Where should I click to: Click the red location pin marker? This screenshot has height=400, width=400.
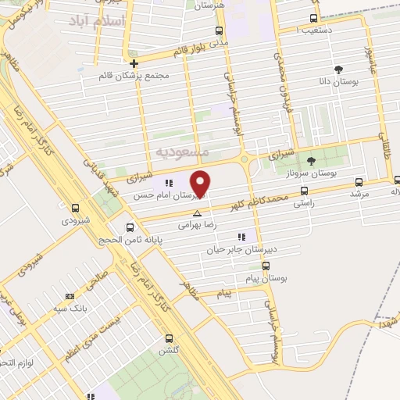tap(202, 184)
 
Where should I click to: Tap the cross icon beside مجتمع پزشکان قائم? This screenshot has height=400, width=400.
tap(134, 64)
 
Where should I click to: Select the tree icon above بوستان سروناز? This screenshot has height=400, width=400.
tap(311, 161)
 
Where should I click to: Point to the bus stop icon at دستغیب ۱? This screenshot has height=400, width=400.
tap(314, 19)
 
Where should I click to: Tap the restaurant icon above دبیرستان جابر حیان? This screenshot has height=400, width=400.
tap(241, 236)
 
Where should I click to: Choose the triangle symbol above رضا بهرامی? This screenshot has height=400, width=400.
tap(197, 212)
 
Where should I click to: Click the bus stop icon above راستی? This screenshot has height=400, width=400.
tap(304, 190)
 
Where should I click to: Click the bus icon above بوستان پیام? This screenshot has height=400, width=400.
tap(266, 266)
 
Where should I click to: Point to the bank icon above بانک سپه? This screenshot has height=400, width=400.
tap(70, 296)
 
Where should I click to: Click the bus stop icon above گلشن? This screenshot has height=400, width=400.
tap(170, 338)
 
